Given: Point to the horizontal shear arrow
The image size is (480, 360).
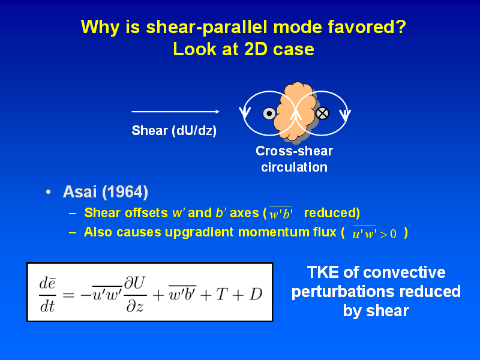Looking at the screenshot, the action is [175, 112].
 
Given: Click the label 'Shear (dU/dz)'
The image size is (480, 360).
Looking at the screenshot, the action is [174, 131].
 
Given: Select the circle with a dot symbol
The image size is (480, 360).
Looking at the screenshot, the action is [269, 113].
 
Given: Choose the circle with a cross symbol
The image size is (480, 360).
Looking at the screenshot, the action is [322, 113].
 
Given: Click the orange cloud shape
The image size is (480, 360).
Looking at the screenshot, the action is [295, 112].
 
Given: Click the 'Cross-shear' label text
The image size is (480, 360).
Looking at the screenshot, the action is [294, 151].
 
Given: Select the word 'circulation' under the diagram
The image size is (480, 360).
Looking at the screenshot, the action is [294, 167].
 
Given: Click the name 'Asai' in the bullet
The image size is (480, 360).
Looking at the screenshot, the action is [80, 192].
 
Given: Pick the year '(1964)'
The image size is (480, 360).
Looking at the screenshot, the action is [125, 192].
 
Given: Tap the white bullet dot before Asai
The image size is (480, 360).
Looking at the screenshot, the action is [48, 192].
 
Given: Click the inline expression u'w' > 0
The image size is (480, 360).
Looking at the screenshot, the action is [374, 233].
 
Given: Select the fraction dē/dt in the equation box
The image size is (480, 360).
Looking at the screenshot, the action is [47, 295].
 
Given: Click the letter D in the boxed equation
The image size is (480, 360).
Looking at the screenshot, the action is [256, 295].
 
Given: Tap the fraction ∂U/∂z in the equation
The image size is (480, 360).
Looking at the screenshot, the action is [135, 294].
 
